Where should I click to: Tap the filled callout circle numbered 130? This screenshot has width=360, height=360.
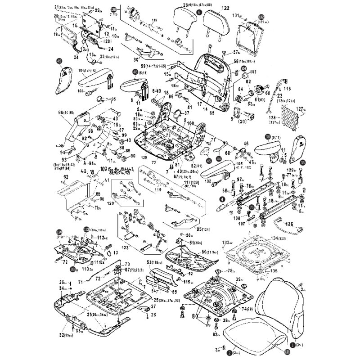click(x=113, y=9)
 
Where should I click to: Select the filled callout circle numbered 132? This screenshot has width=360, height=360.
click(x=261, y=16)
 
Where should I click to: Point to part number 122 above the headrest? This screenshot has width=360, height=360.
click(x=225, y=9)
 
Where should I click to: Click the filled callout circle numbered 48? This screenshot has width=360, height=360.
click(x=135, y=71)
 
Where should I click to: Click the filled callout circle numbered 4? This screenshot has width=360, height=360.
click(x=222, y=199)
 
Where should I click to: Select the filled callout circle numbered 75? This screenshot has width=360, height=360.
click(x=252, y=207)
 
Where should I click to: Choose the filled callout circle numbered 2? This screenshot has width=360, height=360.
click(x=229, y=354)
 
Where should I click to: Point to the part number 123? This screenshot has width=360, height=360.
click(x=125, y=247)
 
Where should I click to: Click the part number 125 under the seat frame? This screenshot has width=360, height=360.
click(x=144, y=158)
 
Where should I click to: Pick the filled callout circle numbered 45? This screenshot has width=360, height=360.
click(x=209, y=160)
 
